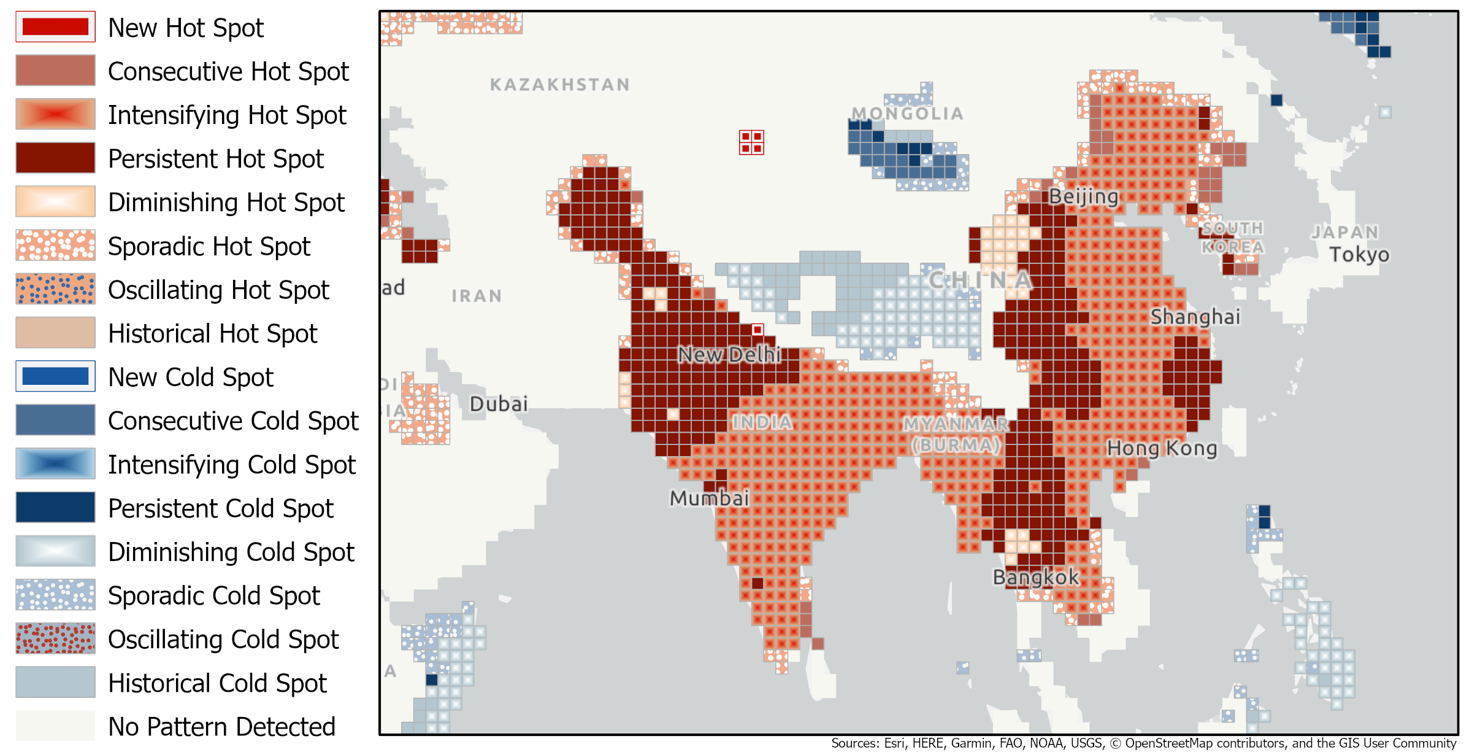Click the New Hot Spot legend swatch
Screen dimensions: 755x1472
tap(55, 27)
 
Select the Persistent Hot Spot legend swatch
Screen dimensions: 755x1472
tap(55, 158)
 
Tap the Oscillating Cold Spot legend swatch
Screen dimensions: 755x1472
tap(55, 638)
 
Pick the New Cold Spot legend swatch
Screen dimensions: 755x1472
tap(55, 376)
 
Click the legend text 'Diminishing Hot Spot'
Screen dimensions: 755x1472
tap(226, 202)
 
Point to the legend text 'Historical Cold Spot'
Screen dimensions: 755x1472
tap(218, 683)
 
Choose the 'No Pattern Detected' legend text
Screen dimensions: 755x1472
tap(221, 726)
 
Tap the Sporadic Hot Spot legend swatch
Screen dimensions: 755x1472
tap(55, 246)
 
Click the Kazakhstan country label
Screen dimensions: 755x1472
tap(559, 85)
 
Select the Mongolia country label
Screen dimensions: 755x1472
tap(907, 114)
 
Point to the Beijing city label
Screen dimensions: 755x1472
tap(1083, 196)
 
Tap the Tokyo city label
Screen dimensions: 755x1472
tap(1359, 254)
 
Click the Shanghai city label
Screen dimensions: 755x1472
tap(1195, 317)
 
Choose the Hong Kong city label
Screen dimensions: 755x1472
tap(1162, 448)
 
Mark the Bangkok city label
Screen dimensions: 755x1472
tap(1035, 577)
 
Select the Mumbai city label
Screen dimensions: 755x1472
tap(709, 498)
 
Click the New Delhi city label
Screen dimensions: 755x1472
tap(729, 354)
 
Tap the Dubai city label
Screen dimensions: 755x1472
tap(499, 404)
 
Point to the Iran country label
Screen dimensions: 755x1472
tap(477, 296)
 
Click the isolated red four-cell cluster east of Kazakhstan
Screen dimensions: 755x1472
tap(751, 142)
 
